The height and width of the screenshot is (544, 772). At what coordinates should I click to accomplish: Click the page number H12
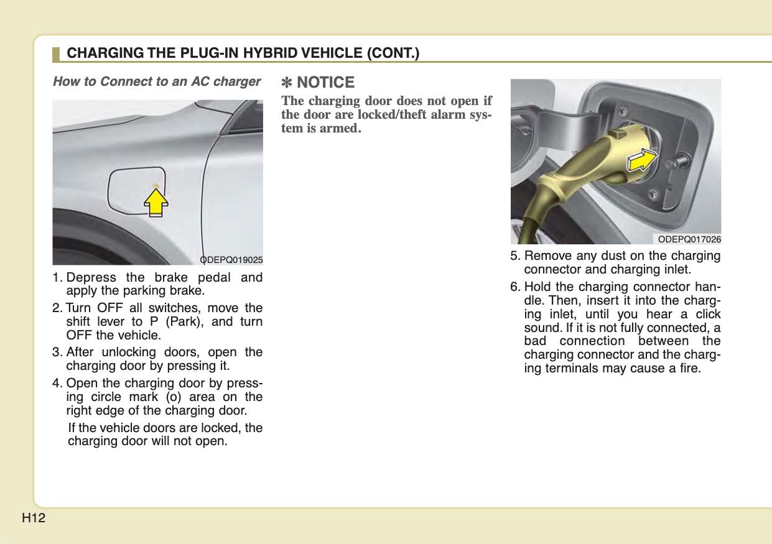34,518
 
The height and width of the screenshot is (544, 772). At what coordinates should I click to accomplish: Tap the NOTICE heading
325,82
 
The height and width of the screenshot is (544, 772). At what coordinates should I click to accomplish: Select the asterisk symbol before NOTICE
287,82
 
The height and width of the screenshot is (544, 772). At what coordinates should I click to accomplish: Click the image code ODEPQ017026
689,239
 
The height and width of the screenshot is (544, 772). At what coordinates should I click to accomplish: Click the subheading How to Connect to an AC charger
156,81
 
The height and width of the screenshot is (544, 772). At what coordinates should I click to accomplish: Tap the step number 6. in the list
516,287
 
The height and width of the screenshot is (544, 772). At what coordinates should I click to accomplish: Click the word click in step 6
707,314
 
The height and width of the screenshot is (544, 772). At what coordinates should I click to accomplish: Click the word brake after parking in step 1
186,290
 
